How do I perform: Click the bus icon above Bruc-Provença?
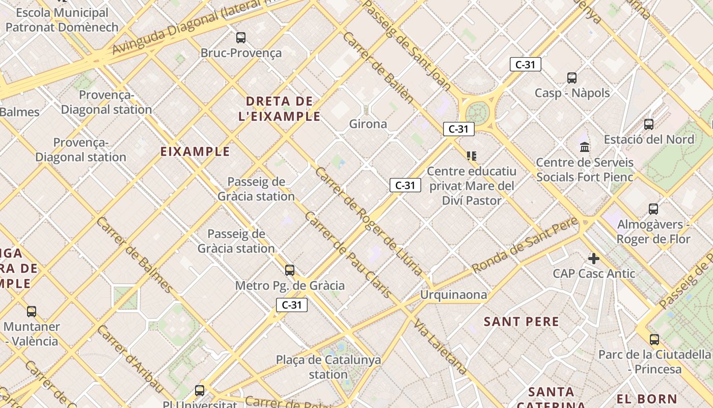241,37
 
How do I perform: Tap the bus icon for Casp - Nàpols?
572,78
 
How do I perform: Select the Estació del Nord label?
649,139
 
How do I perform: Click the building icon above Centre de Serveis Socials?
585,147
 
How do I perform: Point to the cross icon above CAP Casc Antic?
593,259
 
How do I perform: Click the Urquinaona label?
453,295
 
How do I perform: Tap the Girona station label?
368,124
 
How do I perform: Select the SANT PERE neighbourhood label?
522,321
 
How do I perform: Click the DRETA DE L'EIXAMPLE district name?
279,109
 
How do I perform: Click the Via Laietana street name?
441,347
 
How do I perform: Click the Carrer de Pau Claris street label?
348,255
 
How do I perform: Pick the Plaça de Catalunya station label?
328,367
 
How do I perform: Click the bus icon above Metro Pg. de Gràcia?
290,270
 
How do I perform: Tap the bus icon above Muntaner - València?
32,311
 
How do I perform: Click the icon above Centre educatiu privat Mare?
471,156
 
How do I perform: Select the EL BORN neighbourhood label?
647,399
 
